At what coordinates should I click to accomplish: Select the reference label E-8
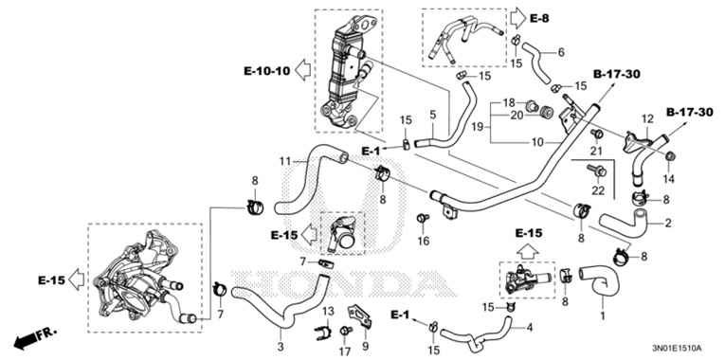pyautogui.click(x=540, y=18)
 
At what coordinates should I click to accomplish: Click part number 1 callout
pyautogui.click(x=601, y=311)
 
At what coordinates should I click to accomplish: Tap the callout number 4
pyautogui.click(x=530, y=328)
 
